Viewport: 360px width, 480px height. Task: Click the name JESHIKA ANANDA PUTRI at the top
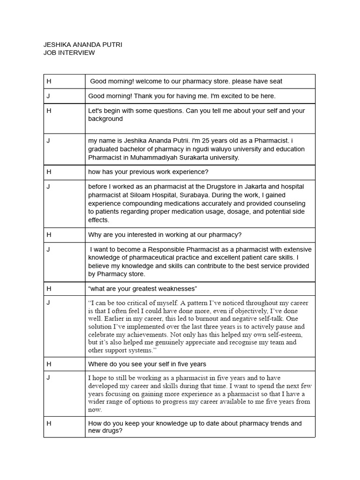click(x=82, y=45)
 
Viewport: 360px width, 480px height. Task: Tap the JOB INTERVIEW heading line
click(x=69, y=53)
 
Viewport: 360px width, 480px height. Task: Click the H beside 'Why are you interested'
click(x=49, y=234)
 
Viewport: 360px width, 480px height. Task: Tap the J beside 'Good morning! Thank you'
click(x=48, y=96)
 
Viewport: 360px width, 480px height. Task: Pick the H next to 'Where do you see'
click(x=49, y=364)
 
